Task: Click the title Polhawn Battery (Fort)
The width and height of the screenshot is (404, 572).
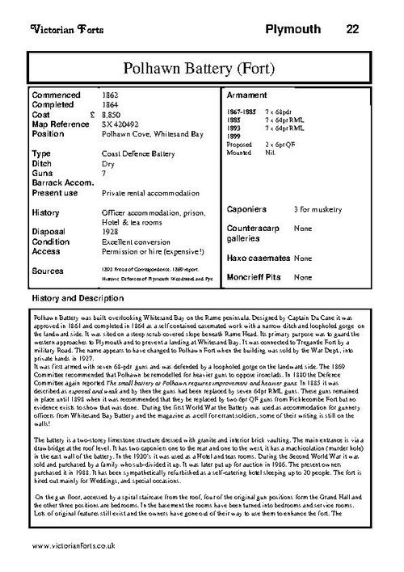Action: pyautogui.click(x=202, y=66)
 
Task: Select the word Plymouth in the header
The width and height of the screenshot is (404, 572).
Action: pyautogui.click(x=292, y=30)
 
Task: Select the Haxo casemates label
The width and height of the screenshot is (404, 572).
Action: pyautogui.click(x=258, y=258)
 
